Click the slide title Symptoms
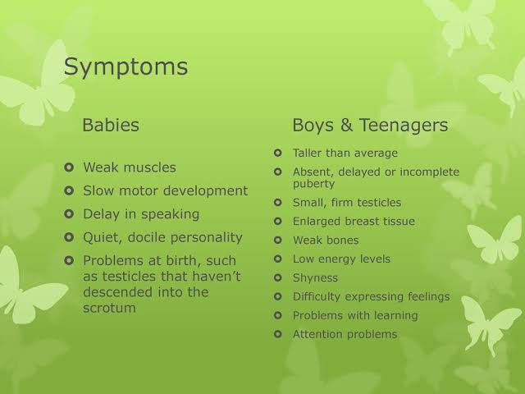(126, 67)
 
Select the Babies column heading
(111, 125)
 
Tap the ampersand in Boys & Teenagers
(346, 125)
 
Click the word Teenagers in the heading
(404, 126)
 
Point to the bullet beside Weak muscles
(69, 167)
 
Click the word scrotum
(109, 309)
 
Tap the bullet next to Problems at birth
(69, 260)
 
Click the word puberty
(313, 184)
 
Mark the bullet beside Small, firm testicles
(278, 203)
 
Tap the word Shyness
(315, 278)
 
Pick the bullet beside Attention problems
(278, 334)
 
